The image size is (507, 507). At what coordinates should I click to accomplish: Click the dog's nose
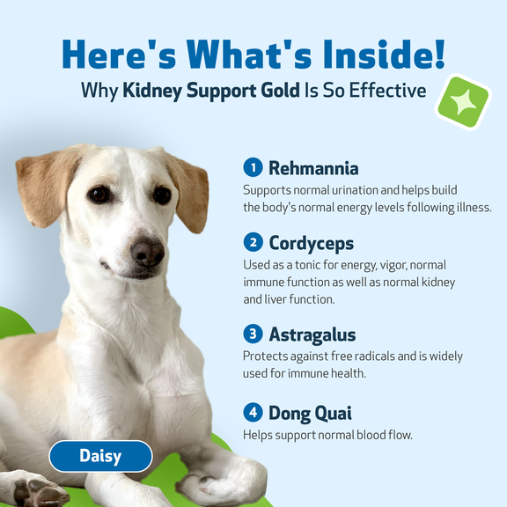pos(147,253)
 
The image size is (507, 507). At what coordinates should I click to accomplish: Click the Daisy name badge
pos(100,456)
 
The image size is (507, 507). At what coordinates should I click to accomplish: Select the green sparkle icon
pos(464,102)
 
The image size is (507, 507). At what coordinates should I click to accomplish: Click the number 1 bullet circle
pos(253,167)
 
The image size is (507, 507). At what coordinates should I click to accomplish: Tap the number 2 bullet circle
pos(253,242)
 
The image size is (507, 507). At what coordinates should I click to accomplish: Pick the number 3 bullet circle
pos(253,334)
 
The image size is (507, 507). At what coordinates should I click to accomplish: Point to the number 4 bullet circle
pos(253,412)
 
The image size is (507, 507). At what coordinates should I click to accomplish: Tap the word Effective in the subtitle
pos(386,91)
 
